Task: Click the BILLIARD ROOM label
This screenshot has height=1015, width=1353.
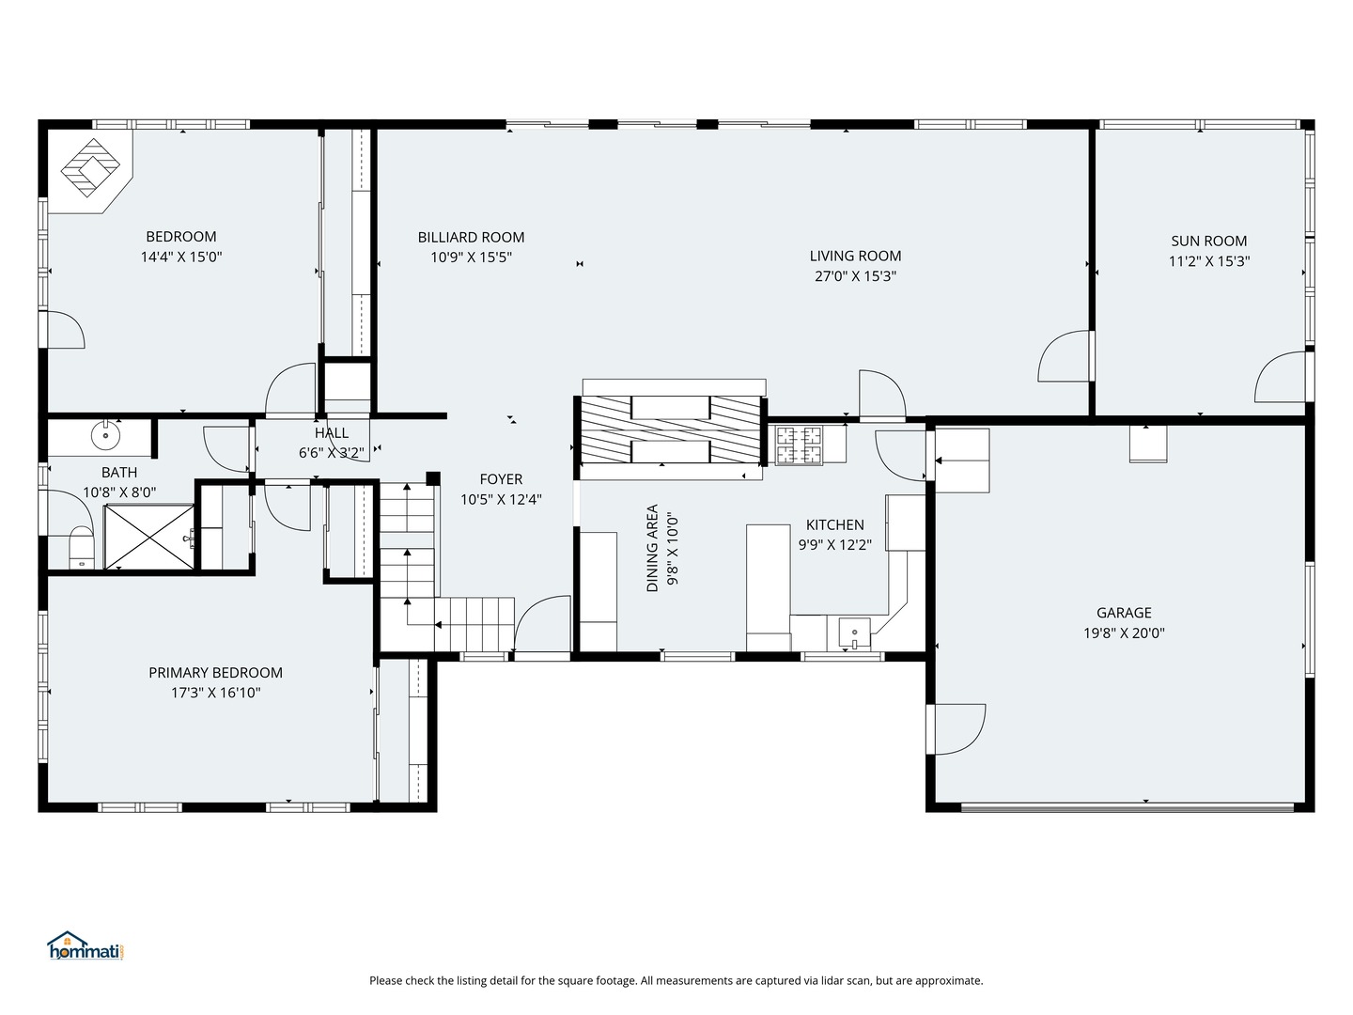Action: point(471,237)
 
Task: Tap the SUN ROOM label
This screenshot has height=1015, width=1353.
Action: point(1208,241)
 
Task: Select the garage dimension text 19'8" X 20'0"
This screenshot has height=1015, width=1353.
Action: point(1124,632)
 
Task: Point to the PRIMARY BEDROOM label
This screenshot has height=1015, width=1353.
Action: point(215,672)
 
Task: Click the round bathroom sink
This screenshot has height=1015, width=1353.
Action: point(106,436)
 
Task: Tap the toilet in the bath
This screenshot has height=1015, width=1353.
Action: point(81,548)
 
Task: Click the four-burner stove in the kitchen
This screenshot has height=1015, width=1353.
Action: point(800,445)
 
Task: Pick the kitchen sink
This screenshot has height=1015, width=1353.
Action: point(854,632)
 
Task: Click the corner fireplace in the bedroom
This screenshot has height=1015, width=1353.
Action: point(90,170)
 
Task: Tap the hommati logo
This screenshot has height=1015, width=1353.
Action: point(86,945)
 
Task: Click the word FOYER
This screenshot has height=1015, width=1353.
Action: point(501,479)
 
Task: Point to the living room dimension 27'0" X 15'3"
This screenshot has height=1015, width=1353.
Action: point(855,275)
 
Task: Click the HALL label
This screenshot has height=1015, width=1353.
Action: point(332,432)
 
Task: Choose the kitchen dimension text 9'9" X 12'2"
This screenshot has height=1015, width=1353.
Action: point(834,545)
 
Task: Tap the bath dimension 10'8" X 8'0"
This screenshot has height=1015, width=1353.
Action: point(119,492)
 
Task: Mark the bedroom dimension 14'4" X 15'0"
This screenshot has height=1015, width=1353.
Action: point(181,257)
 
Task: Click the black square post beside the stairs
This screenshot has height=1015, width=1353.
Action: point(433,478)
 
